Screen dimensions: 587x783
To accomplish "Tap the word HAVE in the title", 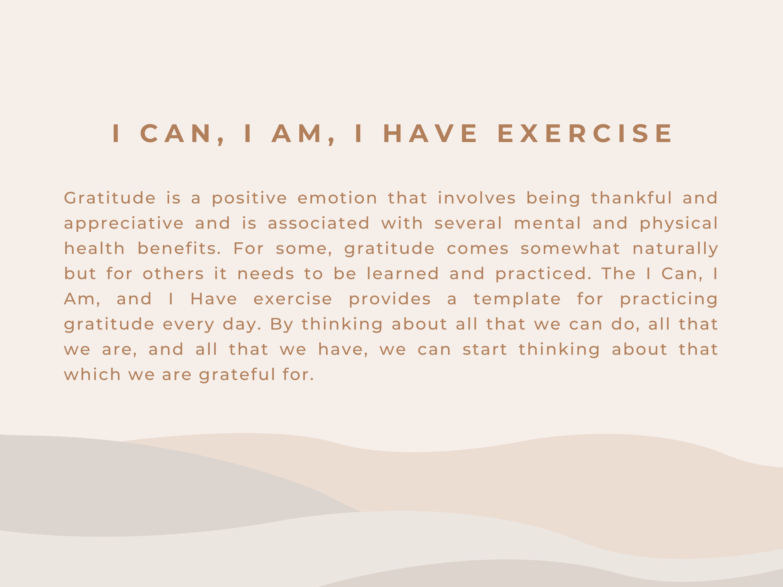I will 430,134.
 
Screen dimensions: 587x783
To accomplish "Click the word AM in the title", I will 297,134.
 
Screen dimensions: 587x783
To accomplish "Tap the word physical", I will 679,223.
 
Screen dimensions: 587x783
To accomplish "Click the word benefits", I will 179,248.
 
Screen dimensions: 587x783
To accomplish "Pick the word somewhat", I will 570,248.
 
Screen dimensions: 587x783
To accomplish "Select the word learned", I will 403,274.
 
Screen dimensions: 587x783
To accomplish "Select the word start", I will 485,350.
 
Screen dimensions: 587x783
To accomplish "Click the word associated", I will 319,223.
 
